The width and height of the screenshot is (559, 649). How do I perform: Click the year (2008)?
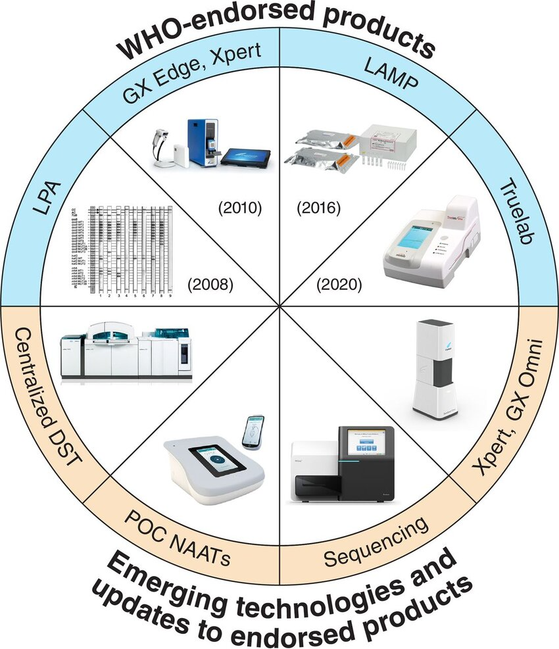[210, 285]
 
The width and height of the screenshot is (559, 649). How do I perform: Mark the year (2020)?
[339, 285]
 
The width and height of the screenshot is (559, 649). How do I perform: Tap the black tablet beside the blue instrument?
[245, 158]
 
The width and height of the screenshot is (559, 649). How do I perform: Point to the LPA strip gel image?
[122, 251]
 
